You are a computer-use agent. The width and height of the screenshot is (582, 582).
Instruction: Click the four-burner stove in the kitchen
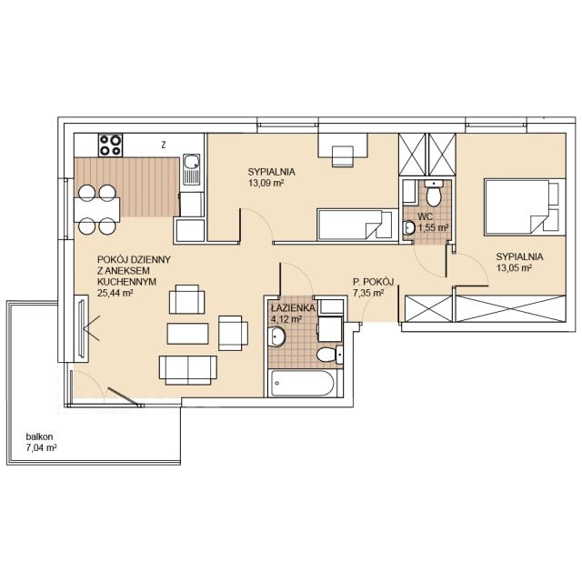[x=110, y=145]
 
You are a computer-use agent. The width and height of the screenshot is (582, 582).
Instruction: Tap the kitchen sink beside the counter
[x=192, y=170]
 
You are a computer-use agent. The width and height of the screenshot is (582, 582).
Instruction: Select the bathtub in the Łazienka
[x=303, y=383]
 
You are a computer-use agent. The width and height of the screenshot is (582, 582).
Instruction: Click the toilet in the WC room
[x=433, y=192]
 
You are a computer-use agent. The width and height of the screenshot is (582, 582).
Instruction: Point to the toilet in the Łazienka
[x=330, y=355]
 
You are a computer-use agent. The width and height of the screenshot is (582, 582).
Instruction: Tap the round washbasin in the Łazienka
[x=276, y=336]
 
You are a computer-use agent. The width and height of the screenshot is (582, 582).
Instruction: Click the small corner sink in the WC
[x=409, y=227]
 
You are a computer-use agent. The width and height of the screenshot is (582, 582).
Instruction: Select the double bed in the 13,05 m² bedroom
[x=525, y=207]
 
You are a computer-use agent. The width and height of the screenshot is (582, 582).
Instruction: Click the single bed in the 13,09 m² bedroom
[x=355, y=225]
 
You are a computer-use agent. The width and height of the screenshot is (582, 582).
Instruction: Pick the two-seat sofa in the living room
[x=188, y=370]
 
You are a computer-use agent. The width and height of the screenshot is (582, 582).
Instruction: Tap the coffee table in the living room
[x=188, y=334]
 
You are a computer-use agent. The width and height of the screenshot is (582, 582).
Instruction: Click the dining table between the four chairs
[x=97, y=210]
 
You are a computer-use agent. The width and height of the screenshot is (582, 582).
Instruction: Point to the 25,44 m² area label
[x=115, y=293]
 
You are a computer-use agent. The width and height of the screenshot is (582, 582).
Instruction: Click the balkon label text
[x=39, y=436]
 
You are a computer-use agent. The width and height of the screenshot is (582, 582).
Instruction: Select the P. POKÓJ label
[x=374, y=282]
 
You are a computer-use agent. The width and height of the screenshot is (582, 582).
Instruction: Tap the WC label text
[x=425, y=216]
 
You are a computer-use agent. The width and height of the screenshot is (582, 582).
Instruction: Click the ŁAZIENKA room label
[x=293, y=308]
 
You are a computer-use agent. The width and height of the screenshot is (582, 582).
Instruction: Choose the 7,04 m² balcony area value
[x=41, y=447]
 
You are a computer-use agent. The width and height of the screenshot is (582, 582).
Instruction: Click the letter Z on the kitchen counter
[x=164, y=145]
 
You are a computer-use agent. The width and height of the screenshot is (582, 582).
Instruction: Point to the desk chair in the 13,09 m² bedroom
[x=342, y=156]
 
